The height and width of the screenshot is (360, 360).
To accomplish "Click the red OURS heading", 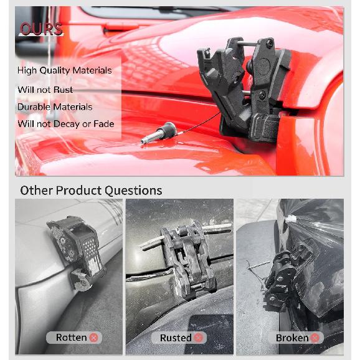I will [40, 29].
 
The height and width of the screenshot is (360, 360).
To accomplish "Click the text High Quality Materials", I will [64, 70].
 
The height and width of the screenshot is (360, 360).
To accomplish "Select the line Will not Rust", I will [45, 90].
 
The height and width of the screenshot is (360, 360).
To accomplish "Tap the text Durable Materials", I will [55, 107].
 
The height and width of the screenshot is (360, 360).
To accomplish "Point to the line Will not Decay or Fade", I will [65, 124].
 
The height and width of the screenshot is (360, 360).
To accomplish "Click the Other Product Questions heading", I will [91, 191].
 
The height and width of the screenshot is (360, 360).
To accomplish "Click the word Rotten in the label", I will [71, 338].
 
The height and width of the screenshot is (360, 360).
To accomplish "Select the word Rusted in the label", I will [176, 338].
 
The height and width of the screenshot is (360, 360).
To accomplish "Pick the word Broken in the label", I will [291, 338].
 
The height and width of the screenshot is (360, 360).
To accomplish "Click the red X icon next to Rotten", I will [94, 338].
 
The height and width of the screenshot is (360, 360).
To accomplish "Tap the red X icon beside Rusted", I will [199, 338].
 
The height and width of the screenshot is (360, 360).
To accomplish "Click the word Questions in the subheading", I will [133, 191].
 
